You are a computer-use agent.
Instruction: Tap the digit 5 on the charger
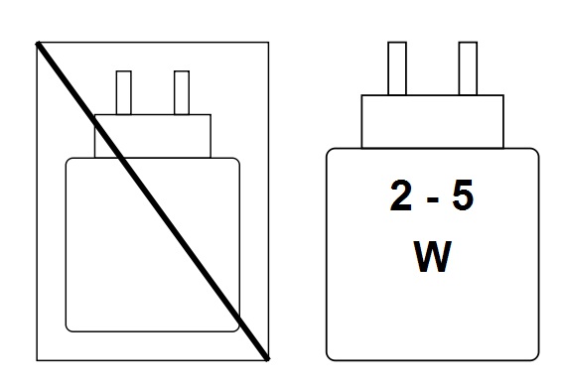(462, 196)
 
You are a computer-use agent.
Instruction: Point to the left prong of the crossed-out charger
(124, 92)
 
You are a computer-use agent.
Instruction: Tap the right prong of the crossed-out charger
(181, 92)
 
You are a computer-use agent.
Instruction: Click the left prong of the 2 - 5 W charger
(396, 68)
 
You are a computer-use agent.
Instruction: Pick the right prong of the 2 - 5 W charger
(467, 68)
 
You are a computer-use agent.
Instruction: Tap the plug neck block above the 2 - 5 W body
(432, 121)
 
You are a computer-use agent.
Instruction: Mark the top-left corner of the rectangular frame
(37, 42)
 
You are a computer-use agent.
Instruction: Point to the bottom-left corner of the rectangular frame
(37, 359)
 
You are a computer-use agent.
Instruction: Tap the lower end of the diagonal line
(266, 357)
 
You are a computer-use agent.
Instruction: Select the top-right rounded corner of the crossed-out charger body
(235, 161)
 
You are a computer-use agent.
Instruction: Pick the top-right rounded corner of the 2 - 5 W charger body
(534, 152)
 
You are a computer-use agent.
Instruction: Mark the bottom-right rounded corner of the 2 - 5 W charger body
(534, 353)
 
